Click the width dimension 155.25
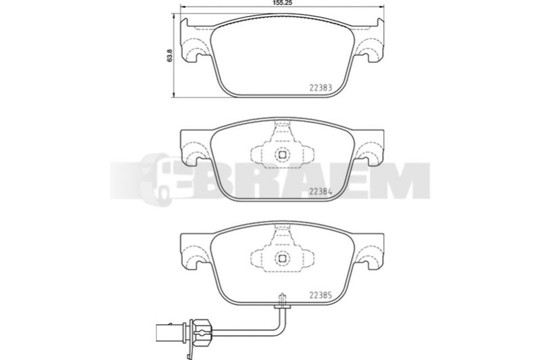[283, 3]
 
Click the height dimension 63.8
[170, 55]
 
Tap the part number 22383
[321, 88]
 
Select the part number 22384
[321, 192]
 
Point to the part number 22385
[321, 295]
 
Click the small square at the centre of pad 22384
[282, 155]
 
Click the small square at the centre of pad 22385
[282, 258]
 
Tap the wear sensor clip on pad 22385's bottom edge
[282, 301]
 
